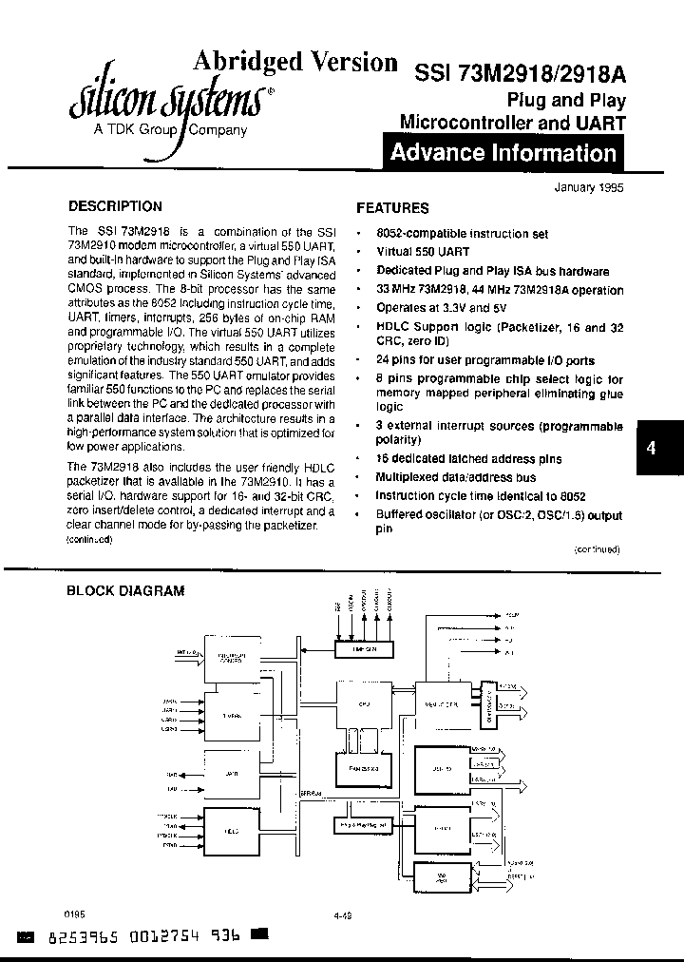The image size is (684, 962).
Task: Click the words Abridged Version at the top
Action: [x=295, y=62]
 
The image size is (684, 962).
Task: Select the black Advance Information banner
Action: [x=503, y=153]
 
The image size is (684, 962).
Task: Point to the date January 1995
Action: [x=588, y=188]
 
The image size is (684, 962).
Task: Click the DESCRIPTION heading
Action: [x=116, y=205]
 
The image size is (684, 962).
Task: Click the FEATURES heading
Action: [x=392, y=207]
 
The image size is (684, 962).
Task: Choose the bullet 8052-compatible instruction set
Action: [x=461, y=233]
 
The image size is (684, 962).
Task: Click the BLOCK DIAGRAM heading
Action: [x=124, y=590]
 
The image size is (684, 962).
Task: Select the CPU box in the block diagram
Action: [x=364, y=704]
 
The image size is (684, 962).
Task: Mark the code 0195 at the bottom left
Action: [x=75, y=910]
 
